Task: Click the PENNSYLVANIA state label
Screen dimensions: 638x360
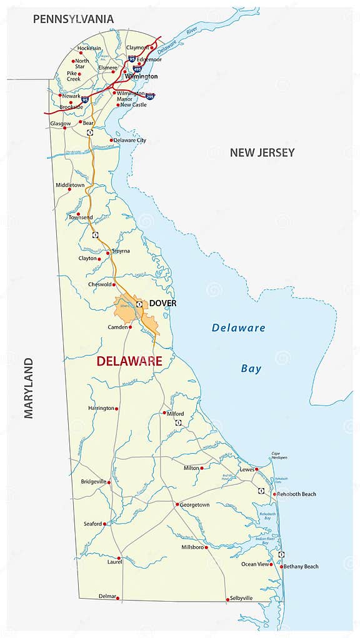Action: (x=73, y=19)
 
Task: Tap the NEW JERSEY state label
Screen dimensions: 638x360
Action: (x=262, y=152)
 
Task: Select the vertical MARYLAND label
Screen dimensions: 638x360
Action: (x=29, y=388)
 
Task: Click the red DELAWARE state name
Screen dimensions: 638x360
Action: (x=129, y=361)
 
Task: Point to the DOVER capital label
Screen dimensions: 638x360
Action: (x=162, y=304)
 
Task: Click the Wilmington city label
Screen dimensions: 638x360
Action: (x=141, y=76)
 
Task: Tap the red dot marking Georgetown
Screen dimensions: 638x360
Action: (x=177, y=504)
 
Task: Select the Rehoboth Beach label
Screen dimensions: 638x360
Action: (x=297, y=494)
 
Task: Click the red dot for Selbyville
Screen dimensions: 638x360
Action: (x=227, y=599)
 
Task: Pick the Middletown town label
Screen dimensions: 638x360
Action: (x=70, y=186)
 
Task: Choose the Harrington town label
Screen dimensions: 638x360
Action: (x=101, y=408)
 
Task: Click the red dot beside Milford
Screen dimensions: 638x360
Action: (x=164, y=412)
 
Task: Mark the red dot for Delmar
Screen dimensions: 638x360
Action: (x=117, y=598)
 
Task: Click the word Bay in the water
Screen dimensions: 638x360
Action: (x=251, y=369)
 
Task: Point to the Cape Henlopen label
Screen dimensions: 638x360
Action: (x=279, y=456)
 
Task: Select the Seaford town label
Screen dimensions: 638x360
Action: (x=92, y=524)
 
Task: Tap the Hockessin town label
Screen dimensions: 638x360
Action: (x=89, y=48)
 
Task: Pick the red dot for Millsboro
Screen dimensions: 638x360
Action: (x=206, y=547)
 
